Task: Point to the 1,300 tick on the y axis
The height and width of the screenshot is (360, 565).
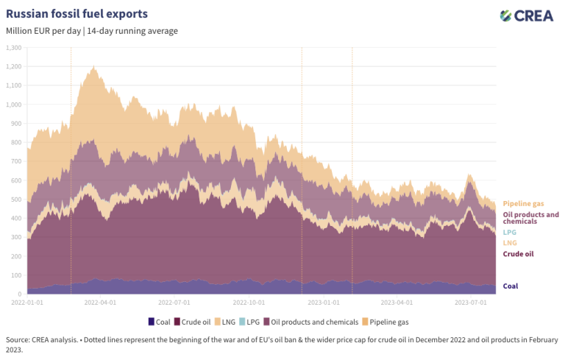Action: point(13,48)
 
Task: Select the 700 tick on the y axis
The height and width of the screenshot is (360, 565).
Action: point(15,161)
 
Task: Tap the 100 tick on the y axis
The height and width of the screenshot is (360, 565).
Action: point(15,275)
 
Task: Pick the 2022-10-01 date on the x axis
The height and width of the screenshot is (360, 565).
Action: point(247,302)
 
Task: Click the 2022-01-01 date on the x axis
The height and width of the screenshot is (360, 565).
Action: point(27,302)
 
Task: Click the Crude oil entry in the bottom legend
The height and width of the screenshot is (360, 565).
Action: point(196,322)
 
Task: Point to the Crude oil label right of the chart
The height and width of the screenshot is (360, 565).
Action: point(518,254)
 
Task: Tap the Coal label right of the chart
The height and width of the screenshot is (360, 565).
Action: point(510,286)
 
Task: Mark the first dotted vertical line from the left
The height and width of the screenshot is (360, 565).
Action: point(71,169)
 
